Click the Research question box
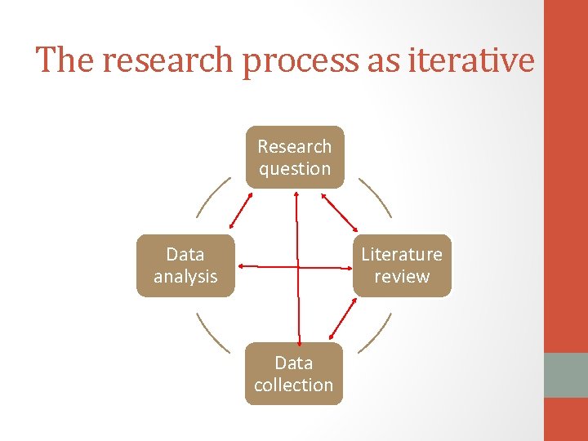tap(294, 157)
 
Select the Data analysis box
tap(185, 265)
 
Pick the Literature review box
tap(402, 265)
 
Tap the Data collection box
tap(294, 373)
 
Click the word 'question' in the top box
tap(294, 169)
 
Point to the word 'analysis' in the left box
tap(185, 277)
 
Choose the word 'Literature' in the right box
tap(402, 255)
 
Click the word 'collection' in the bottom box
tap(294, 385)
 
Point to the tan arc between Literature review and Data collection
tap(376, 335)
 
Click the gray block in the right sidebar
tap(565, 375)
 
